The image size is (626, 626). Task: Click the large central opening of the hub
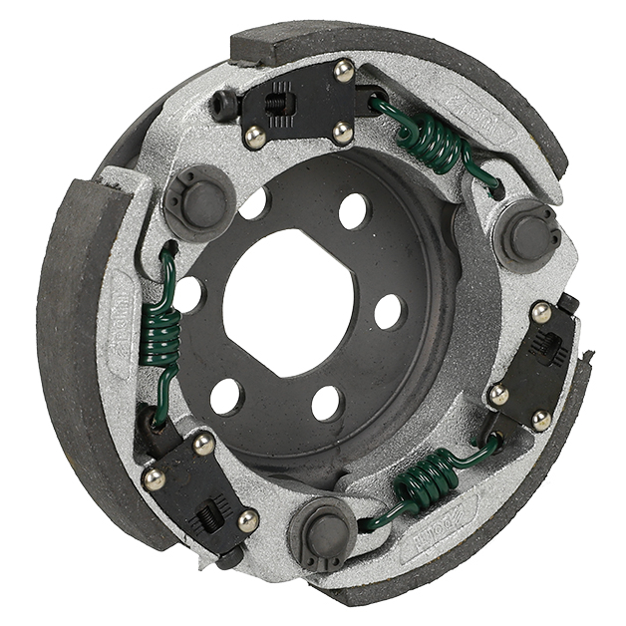[x=289, y=304]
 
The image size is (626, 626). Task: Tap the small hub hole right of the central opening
[x=388, y=311]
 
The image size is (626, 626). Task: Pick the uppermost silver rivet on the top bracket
[x=343, y=70]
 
